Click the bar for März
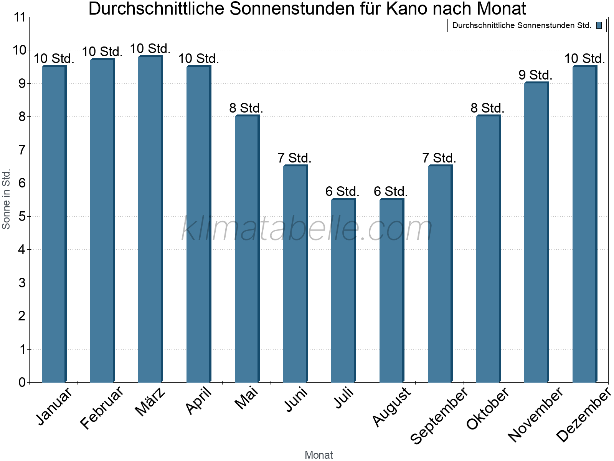150,219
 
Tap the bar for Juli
343,290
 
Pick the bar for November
536,232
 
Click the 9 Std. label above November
535,75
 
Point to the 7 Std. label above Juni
294,158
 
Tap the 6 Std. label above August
391,191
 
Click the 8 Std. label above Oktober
487,108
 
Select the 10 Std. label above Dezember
584,59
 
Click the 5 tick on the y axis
22,217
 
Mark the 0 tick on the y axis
22,383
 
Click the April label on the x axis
199,401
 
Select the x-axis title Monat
319,455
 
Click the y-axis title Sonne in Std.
6,199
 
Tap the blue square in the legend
599,26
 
